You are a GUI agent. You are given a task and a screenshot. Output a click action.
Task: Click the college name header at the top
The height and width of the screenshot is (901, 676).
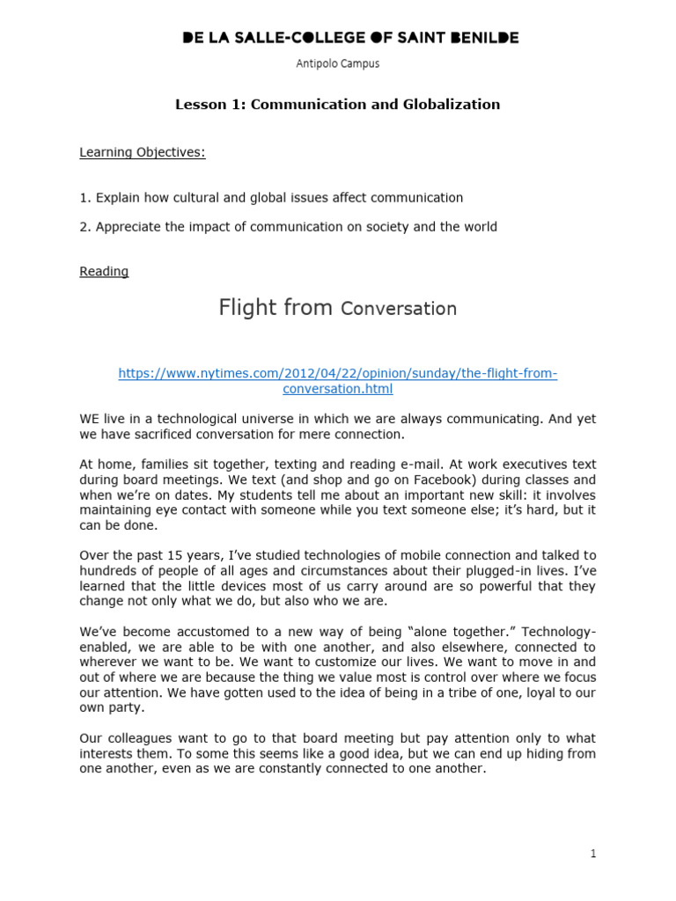(x=349, y=37)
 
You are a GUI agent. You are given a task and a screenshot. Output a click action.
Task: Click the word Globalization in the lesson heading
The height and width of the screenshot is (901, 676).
(x=452, y=104)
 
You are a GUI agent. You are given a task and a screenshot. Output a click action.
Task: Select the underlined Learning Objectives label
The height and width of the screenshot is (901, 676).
(x=143, y=152)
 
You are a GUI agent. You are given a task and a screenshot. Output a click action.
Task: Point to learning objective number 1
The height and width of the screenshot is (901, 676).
(x=271, y=198)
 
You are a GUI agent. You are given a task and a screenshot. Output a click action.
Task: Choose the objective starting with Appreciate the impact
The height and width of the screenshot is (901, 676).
(x=288, y=227)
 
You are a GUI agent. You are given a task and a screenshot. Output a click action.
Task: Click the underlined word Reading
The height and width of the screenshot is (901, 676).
(x=104, y=271)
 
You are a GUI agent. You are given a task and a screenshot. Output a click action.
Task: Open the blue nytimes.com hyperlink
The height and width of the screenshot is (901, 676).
(x=338, y=381)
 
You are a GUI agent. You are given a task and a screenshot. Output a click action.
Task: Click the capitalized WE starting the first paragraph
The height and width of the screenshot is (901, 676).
(x=91, y=420)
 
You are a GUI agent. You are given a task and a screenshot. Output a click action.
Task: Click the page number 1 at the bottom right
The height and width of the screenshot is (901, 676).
(x=594, y=853)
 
